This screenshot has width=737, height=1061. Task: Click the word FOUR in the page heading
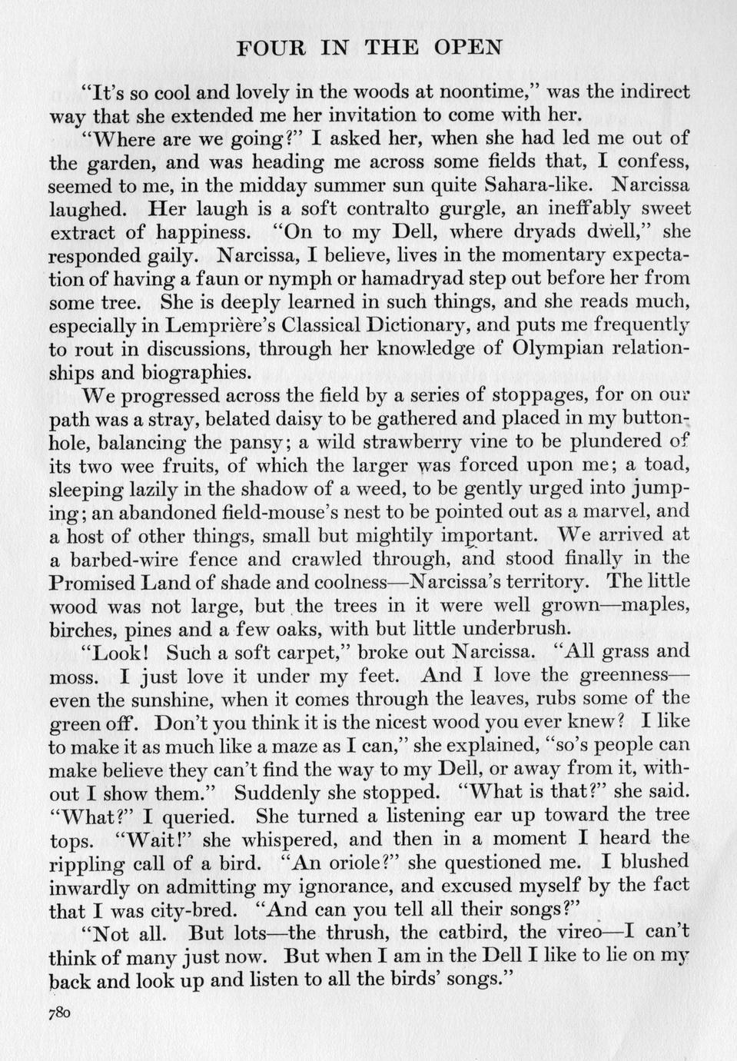(264, 48)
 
